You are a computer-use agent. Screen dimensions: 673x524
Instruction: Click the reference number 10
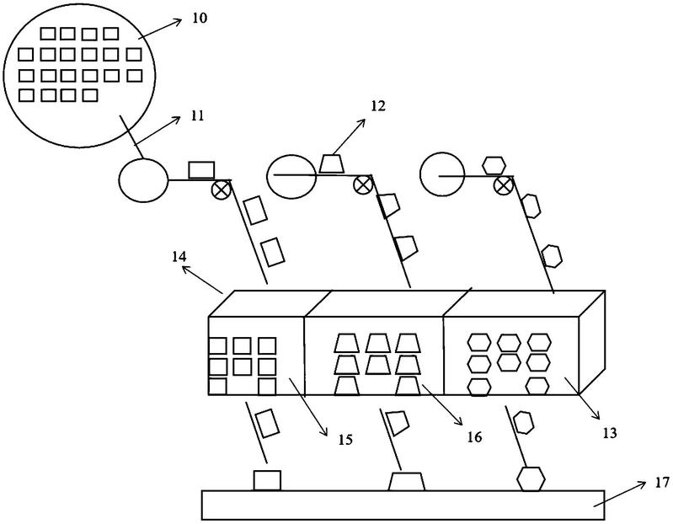pyautogui.click(x=200, y=18)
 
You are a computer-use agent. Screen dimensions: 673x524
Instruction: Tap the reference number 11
pyautogui.click(x=197, y=116)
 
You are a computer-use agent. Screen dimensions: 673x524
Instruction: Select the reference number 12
pyautogui.click(x=377, y=105)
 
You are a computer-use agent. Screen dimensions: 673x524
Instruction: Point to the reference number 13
pyautogui.click(x=610, y=433)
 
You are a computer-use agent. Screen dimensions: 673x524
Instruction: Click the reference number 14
pyautogui.click(x=179, y=257)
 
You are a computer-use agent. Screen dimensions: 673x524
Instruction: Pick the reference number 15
pyautogui.click(x=345, y=440)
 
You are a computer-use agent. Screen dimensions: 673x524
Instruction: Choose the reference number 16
pyautogui.click(x=474, y=437)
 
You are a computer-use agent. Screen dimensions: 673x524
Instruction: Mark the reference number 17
pyautogui.click(x=662, y=483)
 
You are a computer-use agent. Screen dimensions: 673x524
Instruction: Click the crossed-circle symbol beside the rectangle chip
pyautogui.click(x=221, y=189)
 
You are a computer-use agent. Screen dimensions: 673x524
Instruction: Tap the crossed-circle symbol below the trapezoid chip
pyautogui.click(x=362, y=185)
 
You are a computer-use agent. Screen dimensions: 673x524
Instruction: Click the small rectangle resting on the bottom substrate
pyautogui.click(x=267, y=480)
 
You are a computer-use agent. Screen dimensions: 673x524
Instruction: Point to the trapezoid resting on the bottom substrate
pyautogui.click(x=407, y=482)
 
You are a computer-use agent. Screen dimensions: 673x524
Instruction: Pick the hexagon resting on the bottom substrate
pyautogui.click(x=531, y=479)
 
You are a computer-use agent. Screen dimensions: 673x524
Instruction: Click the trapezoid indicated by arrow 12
pyautogui.click(x=331, y=163)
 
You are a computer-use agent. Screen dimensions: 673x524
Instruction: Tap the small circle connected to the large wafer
pyautogui.click(x=144, y=179)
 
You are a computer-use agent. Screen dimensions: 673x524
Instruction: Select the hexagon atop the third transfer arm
pyautogui.click(x=494, y=166)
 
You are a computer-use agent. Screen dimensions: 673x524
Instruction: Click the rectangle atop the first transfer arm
pyautogui.click(x=201, y=170)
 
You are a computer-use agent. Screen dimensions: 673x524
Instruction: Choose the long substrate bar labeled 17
pyautogui.click(x=403, y=505)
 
